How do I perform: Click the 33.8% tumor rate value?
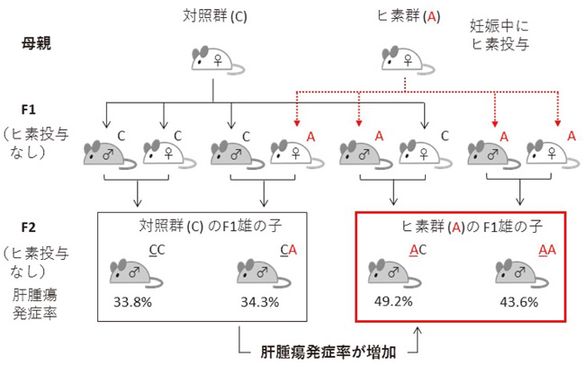pyautogui.click(x=133, y=300)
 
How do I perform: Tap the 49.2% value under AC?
pyautogui.click(x=391, y=300)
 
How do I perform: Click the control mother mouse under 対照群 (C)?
pyautogui.click(x=213, y=60)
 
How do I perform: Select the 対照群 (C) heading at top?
pyautogui.click(x=213, y=14)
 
